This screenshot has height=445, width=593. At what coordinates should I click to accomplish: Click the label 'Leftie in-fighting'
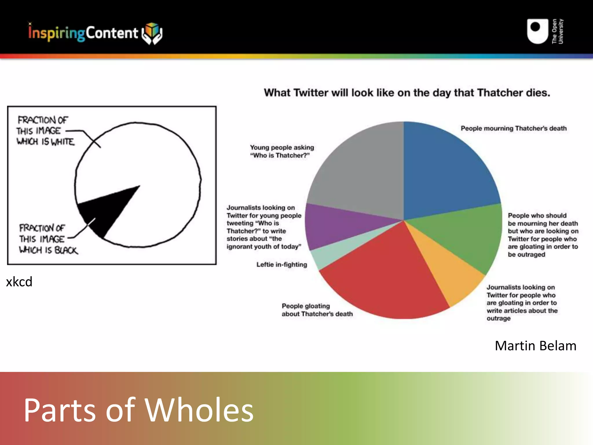pyautogui.click(x=281, y=265)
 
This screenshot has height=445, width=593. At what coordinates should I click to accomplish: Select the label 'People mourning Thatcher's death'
pyautogui.click(x=513, y=128)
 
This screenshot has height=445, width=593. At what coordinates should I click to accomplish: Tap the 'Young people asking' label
pyautogui.click(x=282, y=147)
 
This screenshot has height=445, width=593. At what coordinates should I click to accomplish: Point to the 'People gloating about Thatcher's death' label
pyautogui.click(x=317, y=310)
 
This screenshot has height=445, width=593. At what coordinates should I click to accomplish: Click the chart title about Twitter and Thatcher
pyautogui.click(x=407, y=93)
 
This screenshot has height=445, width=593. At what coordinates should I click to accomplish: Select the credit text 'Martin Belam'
pyautogui.click(x=535, y=346)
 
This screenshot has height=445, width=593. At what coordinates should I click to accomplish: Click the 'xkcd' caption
pyautogui.click(x=19, y=282)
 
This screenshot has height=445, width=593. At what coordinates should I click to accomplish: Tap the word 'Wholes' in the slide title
pyautogui.click(x=199, y=410)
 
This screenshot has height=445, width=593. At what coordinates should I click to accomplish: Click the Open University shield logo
pyautogui.click(x=537, y=31)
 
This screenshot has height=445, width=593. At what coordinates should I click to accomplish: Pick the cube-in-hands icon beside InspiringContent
pyautogui.click(x=152, y=33)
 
